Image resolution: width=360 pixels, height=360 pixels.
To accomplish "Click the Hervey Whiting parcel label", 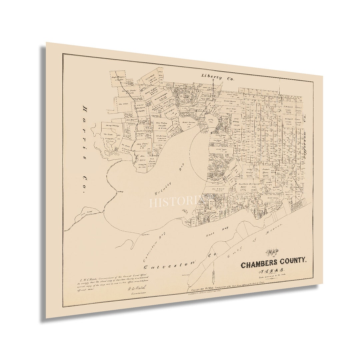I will (111, 126).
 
